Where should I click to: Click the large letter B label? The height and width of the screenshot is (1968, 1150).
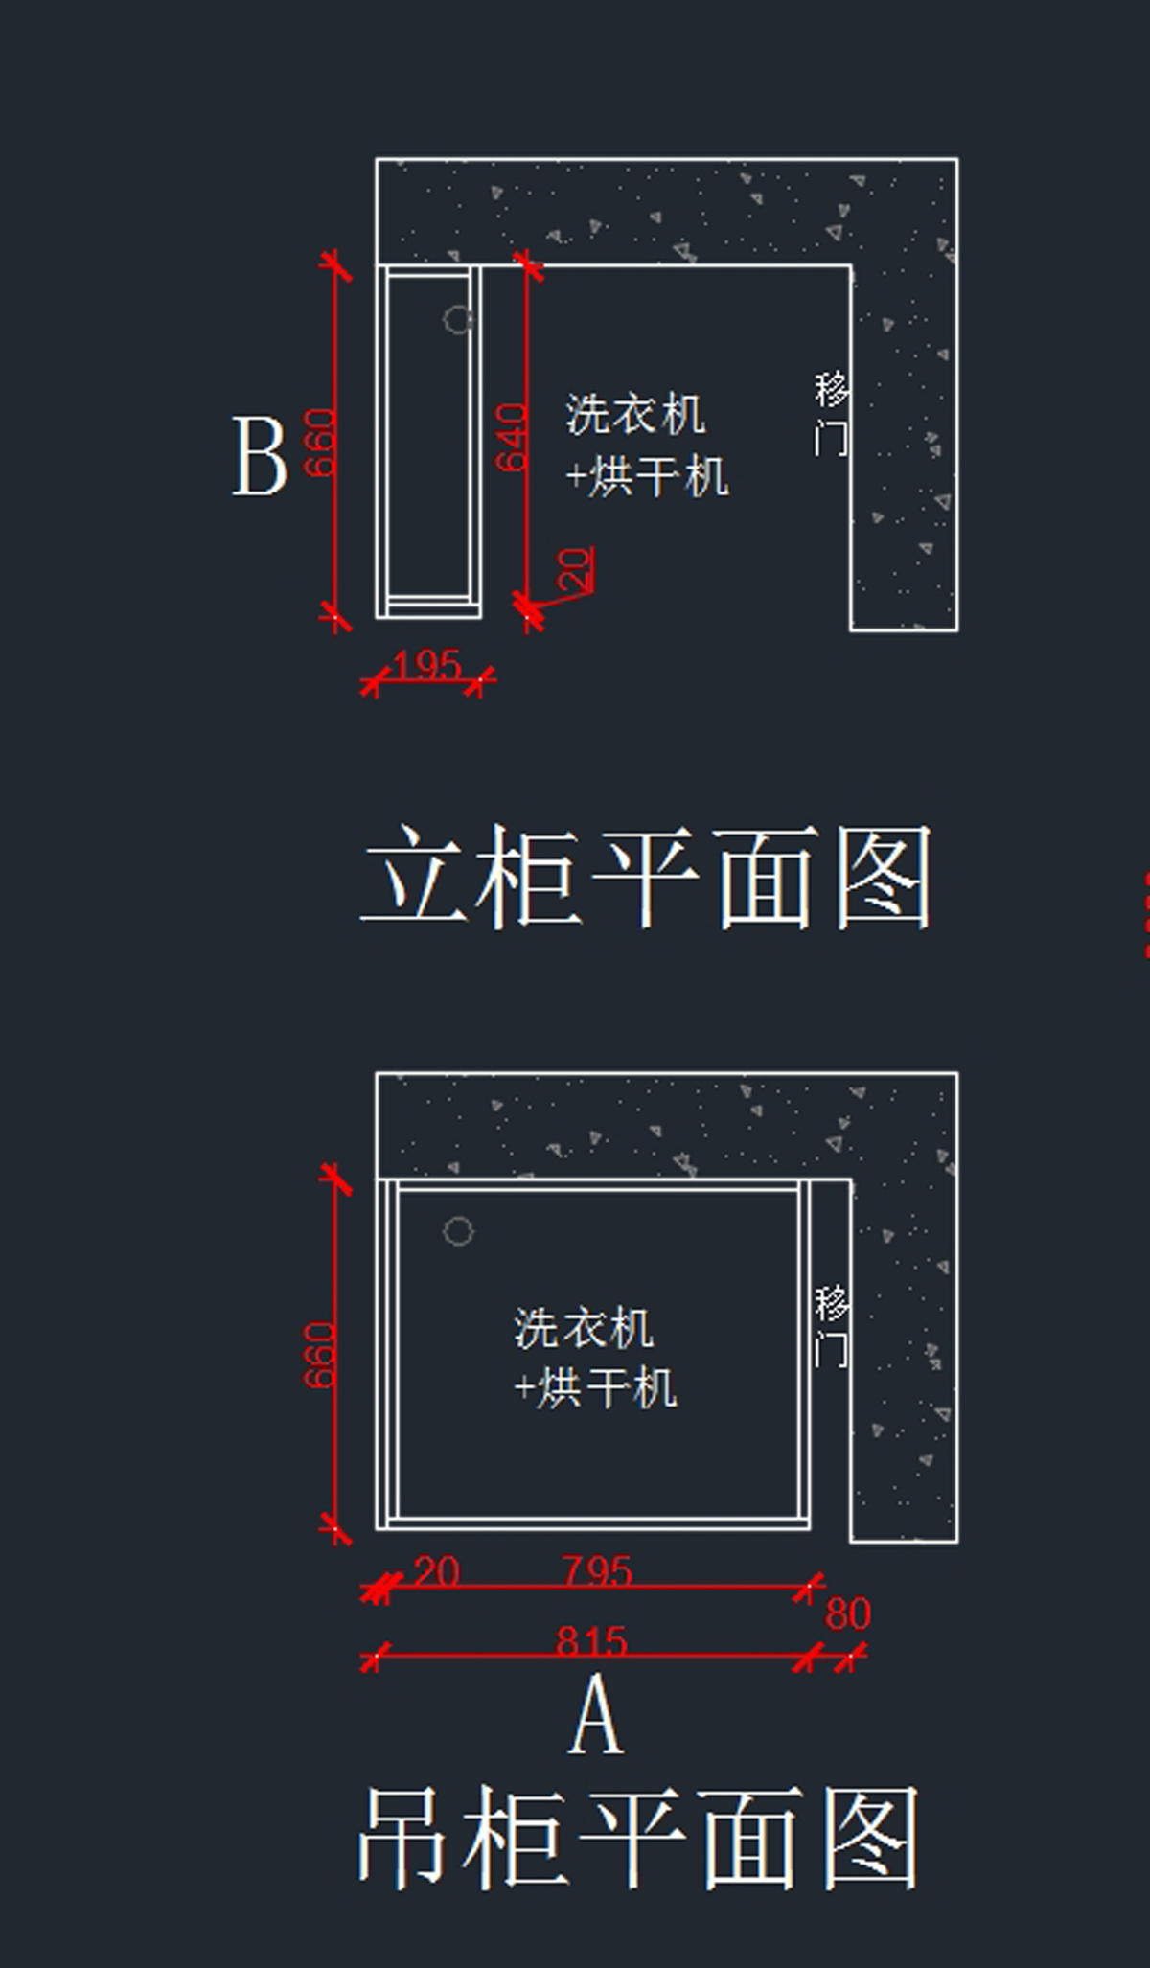(x=260, y=457)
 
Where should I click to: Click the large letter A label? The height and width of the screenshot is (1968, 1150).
(x=596, y=1715)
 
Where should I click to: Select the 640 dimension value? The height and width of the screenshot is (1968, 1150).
(x=512, y=437)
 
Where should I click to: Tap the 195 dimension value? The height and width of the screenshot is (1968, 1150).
(x=427, y=665)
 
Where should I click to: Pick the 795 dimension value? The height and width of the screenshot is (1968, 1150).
(x=596, y=1572)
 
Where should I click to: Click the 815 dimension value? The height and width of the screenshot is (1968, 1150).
(x=591, y=1641)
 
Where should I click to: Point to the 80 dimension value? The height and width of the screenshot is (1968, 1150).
(x=848, y=1614)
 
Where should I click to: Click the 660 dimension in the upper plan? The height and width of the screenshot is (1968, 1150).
(x=320, y=442)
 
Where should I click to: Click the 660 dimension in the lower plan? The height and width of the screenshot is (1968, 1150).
(x=320, y=1355)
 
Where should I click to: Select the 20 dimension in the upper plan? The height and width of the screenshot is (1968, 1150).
(x=575, y=568)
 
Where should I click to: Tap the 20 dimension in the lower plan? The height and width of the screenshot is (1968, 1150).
(x=437, y=1572)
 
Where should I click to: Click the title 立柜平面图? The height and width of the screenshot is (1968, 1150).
(x=646, y=877)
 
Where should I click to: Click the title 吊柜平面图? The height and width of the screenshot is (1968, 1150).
(x=638, y=1838)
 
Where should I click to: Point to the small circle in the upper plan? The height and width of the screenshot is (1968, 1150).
(x=458, y=319)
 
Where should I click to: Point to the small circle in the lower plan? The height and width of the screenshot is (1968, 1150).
(x=458, y=1231)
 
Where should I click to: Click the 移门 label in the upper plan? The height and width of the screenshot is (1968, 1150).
(x=831, y=414)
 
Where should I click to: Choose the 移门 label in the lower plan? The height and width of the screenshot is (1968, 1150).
(x=831, y=1326)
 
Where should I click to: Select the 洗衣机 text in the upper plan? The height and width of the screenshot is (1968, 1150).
(x=635, y=415)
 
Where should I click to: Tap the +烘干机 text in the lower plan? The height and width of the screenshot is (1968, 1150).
(x=595, y=1387)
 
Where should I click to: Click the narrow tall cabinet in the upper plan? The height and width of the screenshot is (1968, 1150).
(x=428, y=441)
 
